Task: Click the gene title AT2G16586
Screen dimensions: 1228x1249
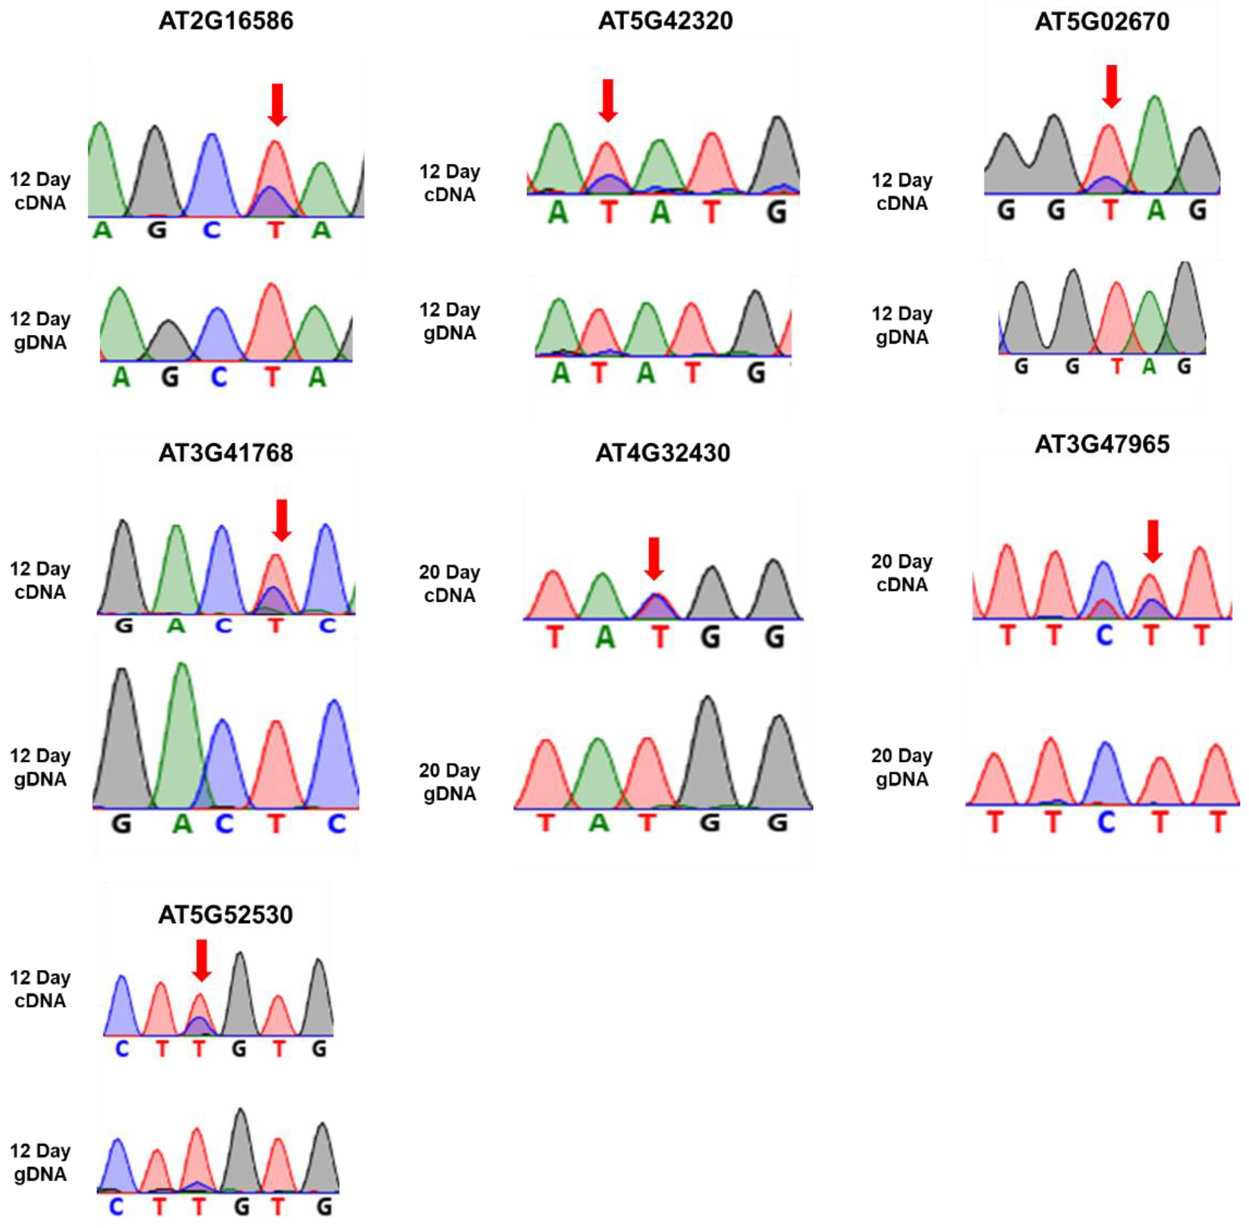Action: tap(226, 21)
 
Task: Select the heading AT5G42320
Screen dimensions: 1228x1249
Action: tap(665, 21)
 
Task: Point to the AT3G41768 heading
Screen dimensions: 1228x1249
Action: tap(226, 453)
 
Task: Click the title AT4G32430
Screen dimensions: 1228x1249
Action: tap(662, 453)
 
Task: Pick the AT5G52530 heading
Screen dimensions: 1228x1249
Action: tap(226, 914)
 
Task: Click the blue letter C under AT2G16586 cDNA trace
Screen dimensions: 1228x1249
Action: tap(211, 230)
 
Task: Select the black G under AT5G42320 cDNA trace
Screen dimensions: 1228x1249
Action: tap(777, 211)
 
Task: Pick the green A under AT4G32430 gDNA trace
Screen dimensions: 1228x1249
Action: tap(599, 823)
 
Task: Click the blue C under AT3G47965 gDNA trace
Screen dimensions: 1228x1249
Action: tap(1107, 822)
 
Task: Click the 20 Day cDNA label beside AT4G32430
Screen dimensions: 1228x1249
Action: tap(450, 584)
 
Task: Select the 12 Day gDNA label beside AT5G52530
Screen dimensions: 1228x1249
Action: tap(40, 1162)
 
